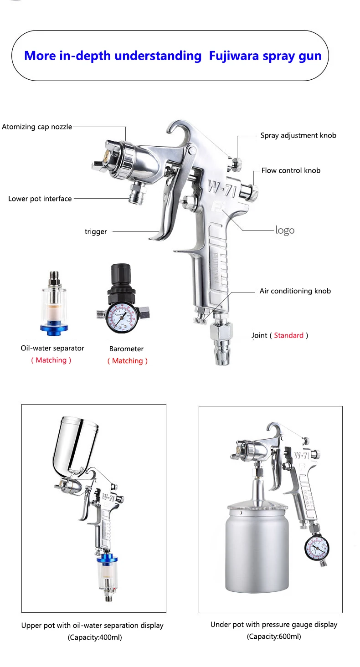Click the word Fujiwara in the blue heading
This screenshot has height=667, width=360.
pos(234,56)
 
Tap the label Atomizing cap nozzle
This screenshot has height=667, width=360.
pos(37,127)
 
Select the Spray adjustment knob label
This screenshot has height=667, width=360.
pos(298,135)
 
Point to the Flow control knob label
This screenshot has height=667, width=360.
pos(291,170)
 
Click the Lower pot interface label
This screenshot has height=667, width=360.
pos(40,199)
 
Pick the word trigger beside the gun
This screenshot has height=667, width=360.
pos(96,231)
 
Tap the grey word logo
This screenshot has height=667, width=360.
pos(285,231)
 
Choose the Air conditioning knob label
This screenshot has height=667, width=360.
pos(295,291)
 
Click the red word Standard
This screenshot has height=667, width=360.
pos(288,335)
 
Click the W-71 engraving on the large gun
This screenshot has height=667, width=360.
pos(222,188)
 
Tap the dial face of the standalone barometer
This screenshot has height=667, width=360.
pos(121,318)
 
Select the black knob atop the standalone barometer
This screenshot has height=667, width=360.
pos(121,274)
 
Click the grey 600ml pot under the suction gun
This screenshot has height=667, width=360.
pos(257,549)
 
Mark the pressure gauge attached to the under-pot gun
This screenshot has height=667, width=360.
pos(317,549)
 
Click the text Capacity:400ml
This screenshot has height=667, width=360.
pos(95,637)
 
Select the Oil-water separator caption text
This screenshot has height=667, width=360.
pos(52,348)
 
